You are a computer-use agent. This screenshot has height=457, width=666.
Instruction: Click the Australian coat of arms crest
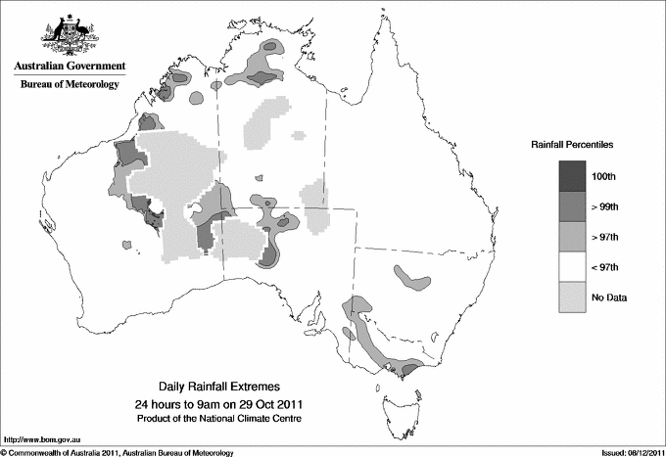tap(69, 35)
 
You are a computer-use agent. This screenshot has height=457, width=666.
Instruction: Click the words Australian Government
tap(70, 67)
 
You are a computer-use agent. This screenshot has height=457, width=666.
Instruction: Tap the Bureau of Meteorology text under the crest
tap(70, 85)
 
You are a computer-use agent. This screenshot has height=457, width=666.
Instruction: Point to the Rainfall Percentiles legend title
tap(572, 145)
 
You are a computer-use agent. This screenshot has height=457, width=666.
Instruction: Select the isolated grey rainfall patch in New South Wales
tap(411, 279)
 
